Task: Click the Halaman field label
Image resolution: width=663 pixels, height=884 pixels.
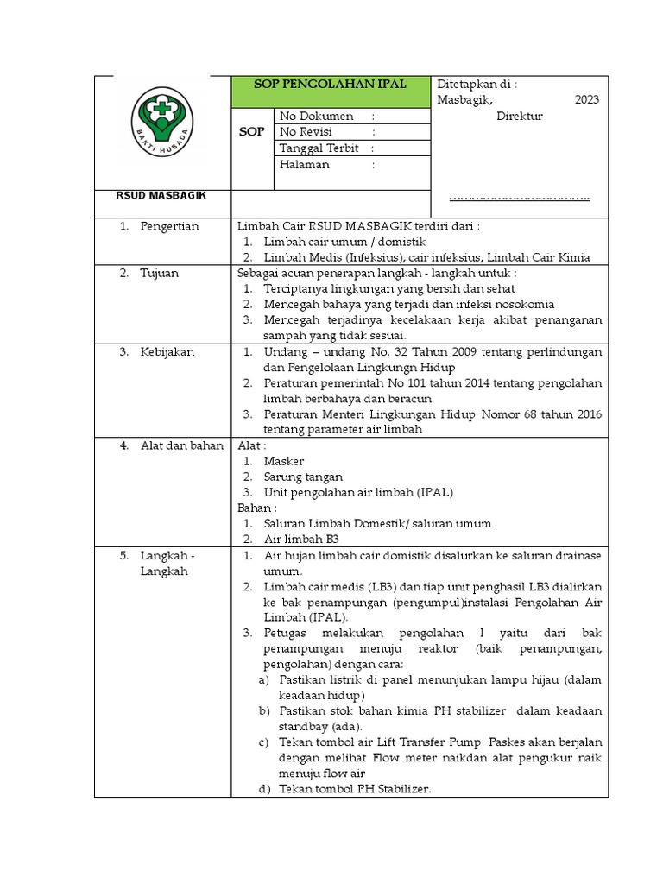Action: coord(304,165)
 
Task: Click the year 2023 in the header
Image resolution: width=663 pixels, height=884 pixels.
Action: coord(586,100)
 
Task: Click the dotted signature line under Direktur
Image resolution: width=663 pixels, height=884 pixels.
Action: coord(519,199)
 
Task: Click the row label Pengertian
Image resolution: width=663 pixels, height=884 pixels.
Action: coord(169,226)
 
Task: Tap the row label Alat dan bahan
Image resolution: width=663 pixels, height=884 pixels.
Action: coord(181,445)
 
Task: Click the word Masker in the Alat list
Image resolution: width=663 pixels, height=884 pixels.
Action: coord(284,462)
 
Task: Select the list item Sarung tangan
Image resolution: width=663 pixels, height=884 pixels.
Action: coord(303,477)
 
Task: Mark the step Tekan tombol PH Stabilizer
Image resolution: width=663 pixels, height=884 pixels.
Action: coord(355,789)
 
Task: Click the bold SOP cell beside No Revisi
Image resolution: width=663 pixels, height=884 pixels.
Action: coord(251,132)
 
